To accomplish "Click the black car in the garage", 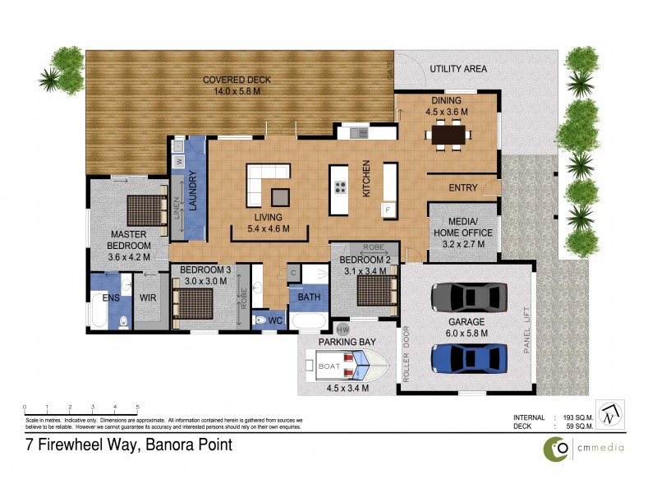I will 466,295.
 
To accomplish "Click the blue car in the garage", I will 466,358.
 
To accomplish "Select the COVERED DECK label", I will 237,81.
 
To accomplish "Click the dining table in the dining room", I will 449,133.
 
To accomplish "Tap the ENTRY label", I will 462,188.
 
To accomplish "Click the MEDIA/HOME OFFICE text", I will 462,228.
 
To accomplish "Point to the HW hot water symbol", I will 343,329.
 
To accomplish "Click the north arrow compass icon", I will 609,416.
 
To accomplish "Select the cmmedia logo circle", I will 558,448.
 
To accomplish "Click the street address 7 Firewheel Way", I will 128,445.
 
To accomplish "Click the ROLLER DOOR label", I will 406,355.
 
